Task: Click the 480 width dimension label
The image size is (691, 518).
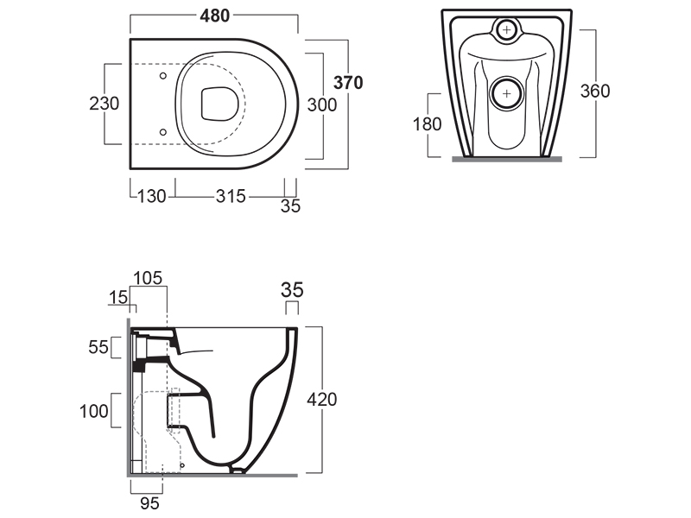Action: (x=214, y=15)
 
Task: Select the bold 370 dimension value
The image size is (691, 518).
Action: (x=348, y=83)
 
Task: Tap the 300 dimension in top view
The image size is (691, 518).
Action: (x=322, y=104)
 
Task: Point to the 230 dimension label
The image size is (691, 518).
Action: (x=105, y=104)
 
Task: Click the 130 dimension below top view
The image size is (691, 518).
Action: (x=151, y=196)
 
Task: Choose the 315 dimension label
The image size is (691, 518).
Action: (x=230, y=196)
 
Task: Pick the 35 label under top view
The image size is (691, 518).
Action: (x=290, y=206)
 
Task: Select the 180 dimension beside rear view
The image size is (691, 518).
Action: (x=427, y=123)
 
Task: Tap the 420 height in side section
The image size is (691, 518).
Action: (x=322, y=399)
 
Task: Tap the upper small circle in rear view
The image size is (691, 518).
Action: (x=506, y=30)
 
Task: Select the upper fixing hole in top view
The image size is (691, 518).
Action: (x=164, y=76)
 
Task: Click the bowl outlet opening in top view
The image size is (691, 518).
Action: (x=213, y=104)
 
